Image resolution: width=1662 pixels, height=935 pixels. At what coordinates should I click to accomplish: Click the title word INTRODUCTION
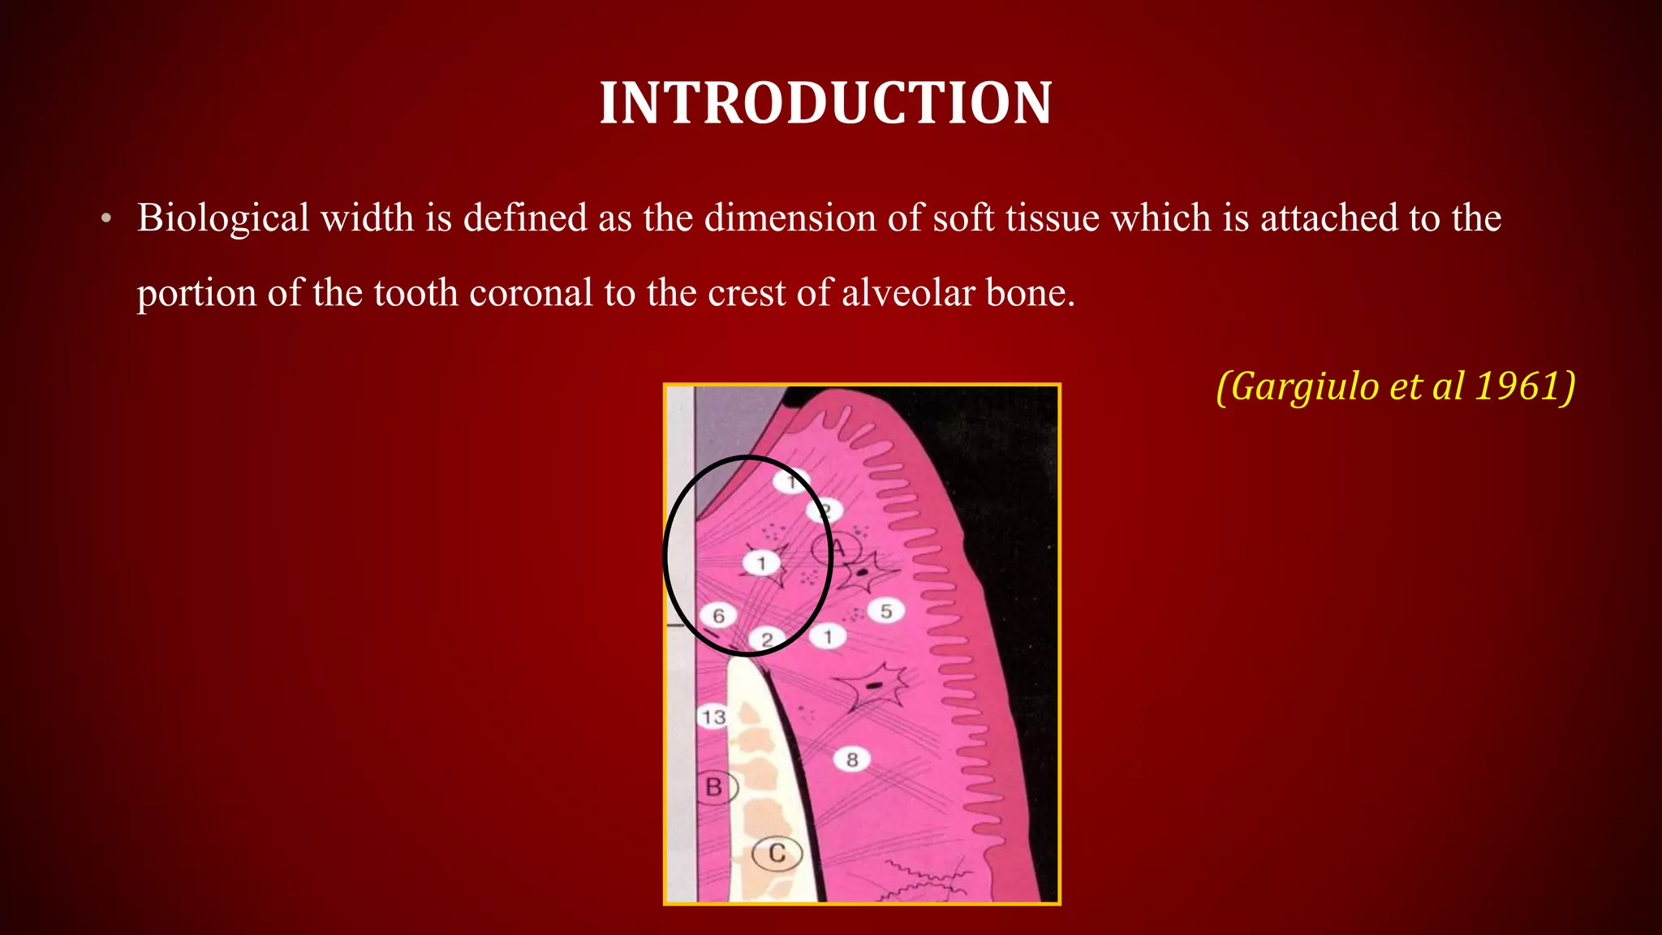coord(825,104)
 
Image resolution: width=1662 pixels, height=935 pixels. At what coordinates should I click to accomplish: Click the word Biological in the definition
coord(223,218)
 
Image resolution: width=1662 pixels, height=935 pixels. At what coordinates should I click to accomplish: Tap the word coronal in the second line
coord(531,293)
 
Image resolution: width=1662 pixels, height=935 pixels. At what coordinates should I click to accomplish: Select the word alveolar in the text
coord(908,293)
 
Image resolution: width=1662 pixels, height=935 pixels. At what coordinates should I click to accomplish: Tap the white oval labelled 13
coord(713,717)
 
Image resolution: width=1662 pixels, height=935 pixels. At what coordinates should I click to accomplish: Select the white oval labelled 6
coord(718,616)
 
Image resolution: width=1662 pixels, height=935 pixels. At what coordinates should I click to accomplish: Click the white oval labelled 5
coord(886,611)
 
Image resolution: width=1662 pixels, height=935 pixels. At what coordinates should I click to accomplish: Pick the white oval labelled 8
coord(852,760)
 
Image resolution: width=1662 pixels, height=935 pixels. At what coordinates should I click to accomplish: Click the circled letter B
coord(715,787)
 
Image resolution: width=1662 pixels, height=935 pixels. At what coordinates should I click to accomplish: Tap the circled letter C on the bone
coord(777,854)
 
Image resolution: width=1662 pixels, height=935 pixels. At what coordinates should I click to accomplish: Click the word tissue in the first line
coord(1051,218)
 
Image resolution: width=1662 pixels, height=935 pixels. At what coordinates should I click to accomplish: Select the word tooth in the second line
coord(416,293)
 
